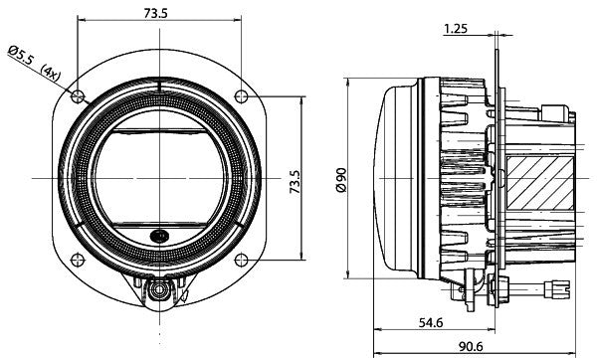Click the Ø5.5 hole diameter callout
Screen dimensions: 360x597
click(22, 54)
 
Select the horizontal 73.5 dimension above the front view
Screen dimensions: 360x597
click(155, 12)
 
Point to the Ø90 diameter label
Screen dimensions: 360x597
click(340, 179)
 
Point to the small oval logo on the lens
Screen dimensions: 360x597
click(160, 237)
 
